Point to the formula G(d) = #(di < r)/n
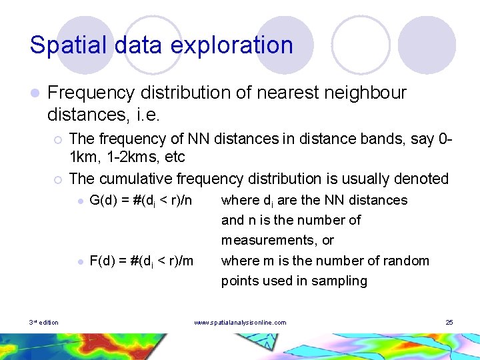coord(141,200)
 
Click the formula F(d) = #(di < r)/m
coord(141,261)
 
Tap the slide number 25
coord(449,323)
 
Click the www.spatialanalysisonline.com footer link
coord(240,323)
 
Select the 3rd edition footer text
coord(43,323)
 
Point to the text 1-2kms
coord(97,158)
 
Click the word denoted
coord(422,179)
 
